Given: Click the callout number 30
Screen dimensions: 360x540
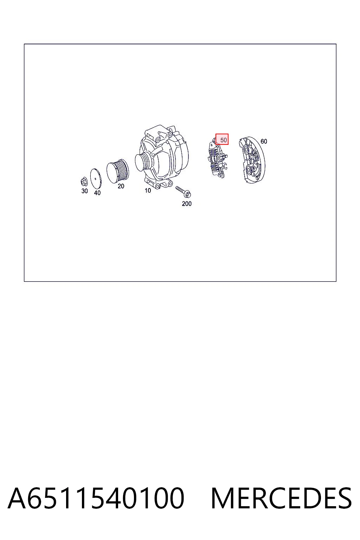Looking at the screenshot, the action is coord(84,191).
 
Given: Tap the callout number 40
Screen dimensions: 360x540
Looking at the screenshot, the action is coord(97,193).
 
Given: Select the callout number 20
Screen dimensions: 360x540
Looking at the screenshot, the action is coord(121,186).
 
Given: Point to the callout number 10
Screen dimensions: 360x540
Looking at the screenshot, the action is coord(148,191).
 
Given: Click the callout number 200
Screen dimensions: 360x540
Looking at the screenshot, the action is coord(187,204).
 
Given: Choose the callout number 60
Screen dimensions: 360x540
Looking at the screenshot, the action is coord(264,141).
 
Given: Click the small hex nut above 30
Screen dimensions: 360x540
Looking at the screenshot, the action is coord(84,181).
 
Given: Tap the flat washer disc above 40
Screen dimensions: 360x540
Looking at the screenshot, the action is coord(96,179).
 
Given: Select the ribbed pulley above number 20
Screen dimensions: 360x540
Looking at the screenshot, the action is coord(118,171).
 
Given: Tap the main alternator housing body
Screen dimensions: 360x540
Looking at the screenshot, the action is coord(162,157).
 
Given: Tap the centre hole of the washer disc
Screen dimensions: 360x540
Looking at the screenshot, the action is coord(96,179).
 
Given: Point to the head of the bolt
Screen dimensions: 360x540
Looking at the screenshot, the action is coord(188,194).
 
